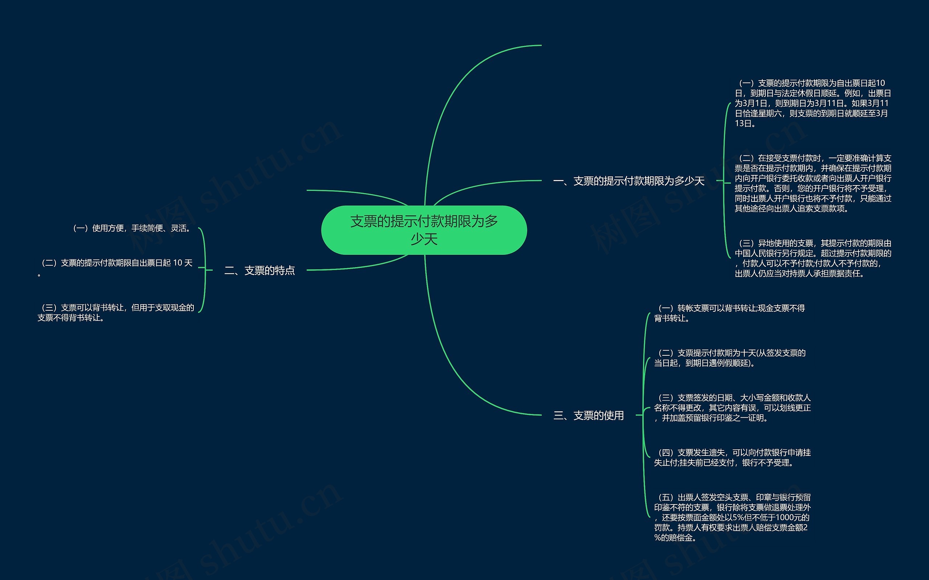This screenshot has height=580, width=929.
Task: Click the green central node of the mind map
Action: pos(423,230)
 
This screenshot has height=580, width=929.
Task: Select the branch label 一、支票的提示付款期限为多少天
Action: pos(629,181)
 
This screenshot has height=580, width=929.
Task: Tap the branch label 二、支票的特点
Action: pos(259,270)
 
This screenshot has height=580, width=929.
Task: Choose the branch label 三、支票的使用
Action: pos(589,416)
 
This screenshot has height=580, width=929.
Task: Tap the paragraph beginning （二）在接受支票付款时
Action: pos(813,183)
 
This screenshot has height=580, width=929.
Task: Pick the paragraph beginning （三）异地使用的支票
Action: pos(813,258)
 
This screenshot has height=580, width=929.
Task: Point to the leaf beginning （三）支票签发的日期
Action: pos(732,408)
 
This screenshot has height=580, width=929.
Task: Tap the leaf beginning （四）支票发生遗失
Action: pos(732,458)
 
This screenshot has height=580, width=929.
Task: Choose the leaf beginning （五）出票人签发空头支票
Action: pos(732,518)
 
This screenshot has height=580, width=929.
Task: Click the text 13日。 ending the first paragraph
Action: pos(745,123)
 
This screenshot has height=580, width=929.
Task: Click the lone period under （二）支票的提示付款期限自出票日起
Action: pos(39,274)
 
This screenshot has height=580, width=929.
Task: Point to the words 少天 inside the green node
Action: pos(424,239)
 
